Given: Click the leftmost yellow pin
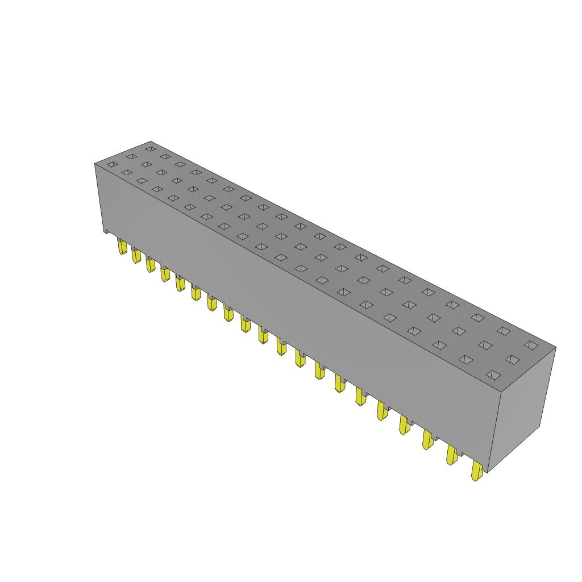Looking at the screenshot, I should click(x=122, y=247).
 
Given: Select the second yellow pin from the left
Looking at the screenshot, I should click(x=136, y=256).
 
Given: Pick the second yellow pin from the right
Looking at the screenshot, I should click(x=452, y=455).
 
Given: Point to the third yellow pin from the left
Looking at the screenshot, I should click(x=151, y=265).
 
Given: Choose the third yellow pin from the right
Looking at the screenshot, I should click(x=427, y=439).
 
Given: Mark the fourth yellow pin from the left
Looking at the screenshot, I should click(x=165, y=274).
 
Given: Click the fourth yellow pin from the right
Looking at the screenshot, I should click(x=405, y=425).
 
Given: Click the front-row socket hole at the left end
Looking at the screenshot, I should click(x=112, y=165).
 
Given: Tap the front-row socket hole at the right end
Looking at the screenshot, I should click(x=493, y=375).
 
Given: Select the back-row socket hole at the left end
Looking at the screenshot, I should click(x=150, y=148).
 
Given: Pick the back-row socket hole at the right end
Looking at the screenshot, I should click(x=531, y=344).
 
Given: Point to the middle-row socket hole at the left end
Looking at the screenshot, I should click(x=131, y=156).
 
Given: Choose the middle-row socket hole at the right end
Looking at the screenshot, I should click(x=513, y=359).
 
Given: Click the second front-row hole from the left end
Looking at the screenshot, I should click(x=127, y=172).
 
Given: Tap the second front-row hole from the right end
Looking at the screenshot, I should click(x=466, y=359).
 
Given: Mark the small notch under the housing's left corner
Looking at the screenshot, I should click(x=106, y=230).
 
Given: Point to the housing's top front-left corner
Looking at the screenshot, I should click(x=94, y=164).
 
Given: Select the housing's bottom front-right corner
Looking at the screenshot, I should click(x=488, y=472).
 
